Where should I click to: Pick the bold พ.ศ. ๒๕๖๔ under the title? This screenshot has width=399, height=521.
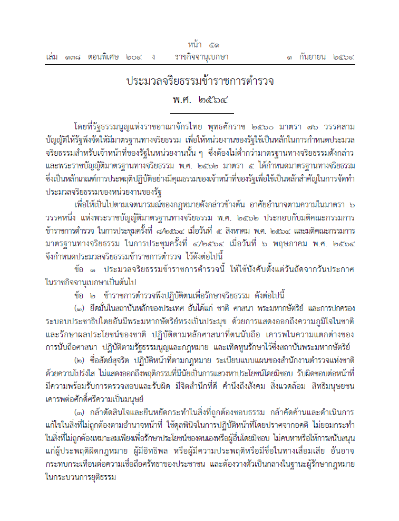(201, 100)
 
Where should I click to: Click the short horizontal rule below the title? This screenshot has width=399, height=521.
(202, 113)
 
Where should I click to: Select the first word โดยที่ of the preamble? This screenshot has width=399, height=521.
(83, 127)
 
